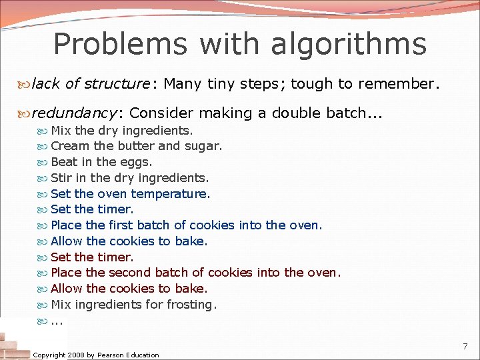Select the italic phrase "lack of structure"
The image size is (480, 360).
click(x=91, y=84)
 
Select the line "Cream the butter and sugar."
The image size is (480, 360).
click(x=136, y=146)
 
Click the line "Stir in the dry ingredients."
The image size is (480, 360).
click(x=129, y=178)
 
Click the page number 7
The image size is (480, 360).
click(x=465, y=347)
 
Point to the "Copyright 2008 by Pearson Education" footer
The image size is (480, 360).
click(x=96, y=355)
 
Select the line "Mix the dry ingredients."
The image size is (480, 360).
click(x=121, y=130)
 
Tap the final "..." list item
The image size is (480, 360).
click(x=57, y=321)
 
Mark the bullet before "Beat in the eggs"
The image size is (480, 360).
click(x=43, y=163)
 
